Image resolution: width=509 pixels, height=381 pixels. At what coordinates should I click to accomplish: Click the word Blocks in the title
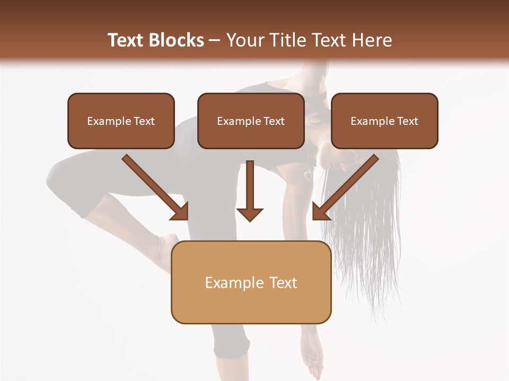click(178, 40)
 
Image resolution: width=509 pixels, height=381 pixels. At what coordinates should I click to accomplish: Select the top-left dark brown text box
click(121, 121)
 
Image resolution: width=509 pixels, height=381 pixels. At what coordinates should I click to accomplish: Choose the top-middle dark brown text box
click(251, 121)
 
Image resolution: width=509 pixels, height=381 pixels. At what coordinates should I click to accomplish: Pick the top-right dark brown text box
click(384, 121)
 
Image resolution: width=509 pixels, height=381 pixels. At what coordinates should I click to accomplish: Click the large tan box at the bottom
click(251, 282)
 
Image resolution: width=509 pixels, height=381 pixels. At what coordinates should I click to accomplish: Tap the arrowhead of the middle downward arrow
click(250, 214)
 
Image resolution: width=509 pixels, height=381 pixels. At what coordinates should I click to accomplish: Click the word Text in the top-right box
click(407, 121)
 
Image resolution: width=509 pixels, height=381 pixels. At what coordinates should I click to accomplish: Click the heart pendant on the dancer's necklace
click(309, 175)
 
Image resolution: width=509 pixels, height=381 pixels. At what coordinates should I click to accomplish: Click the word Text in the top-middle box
click(274, 121)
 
